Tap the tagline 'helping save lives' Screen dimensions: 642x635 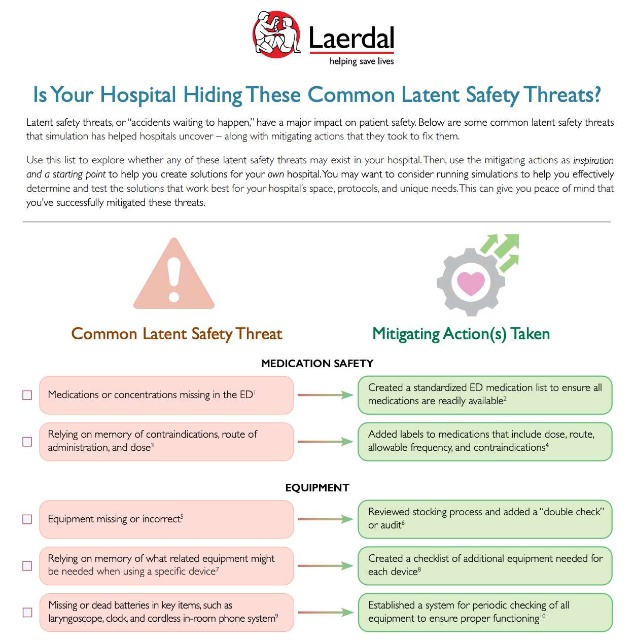(x=362, y=61)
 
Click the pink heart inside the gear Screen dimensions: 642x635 (x=471, y=282)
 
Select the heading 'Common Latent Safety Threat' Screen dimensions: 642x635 (x=177, y=334)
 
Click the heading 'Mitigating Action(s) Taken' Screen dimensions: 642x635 (x=461, y=334)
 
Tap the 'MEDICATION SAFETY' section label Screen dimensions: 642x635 (x=317, y=364)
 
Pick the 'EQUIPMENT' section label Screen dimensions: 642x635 (x=317, y=488)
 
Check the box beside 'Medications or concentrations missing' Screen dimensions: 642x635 (x=27, y=395)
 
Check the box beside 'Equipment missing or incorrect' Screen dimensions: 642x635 (x=27, y=519)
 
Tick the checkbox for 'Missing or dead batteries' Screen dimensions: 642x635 (x=27, y=613)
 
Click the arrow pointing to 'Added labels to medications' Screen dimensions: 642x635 (x=325, y=442)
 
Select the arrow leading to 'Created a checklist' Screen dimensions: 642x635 (x=325, y=566)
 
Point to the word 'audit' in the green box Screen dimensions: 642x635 (x=391, y=525)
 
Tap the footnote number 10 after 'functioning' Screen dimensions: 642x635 (x=542, y=616)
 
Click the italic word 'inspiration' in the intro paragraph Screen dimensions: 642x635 (x=593, y=160)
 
